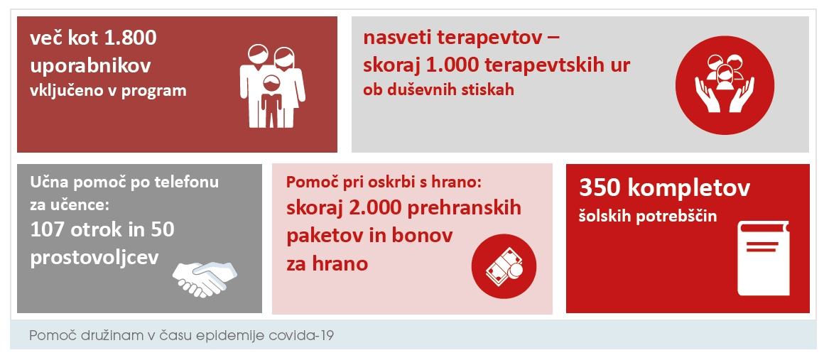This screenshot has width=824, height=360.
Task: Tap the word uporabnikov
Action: pyautogui.click(x=90, y=66)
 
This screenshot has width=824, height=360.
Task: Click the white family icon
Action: pyautogui.click(x=272, y=86)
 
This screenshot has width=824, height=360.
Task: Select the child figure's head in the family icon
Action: pyautogui.click(x=271, y=84)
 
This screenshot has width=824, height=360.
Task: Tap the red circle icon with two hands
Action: pyautogui.click(x=725, y=85)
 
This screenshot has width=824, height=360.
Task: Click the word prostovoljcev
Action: pyautogui.click(x=94, y=258)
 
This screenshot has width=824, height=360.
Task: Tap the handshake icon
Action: pyautogui.click(x=205, y=278)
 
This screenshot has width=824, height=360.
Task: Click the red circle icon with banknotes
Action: pyautogui.click(x=504, y=266)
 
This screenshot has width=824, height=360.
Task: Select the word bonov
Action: pyautogui.click(x=423, y=236)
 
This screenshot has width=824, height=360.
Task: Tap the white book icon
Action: pyautogui.click(x=763, y=258)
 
